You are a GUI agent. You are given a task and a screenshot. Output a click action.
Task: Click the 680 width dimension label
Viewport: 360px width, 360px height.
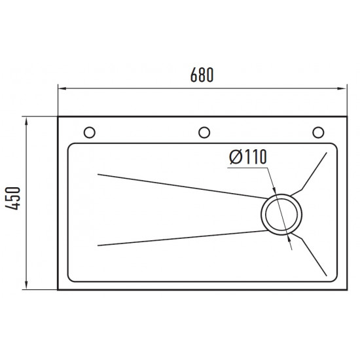tap(202, 75)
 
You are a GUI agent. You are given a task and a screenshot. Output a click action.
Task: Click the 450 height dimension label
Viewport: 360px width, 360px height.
tap(13, 198)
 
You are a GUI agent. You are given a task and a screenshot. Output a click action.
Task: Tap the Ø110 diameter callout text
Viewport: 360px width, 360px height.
tap(248, 157)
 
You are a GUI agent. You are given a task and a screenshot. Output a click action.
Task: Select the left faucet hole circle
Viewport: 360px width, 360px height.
tap(90, 132)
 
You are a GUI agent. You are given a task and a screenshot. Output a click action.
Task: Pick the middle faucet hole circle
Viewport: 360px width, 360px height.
tap(204, 132)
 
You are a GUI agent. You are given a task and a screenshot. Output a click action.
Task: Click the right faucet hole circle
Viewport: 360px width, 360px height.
tap(318, 132)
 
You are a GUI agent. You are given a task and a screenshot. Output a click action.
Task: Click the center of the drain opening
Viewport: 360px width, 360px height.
tap(281, 215)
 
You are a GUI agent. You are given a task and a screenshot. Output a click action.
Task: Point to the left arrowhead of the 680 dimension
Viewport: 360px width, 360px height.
tap(62, 88)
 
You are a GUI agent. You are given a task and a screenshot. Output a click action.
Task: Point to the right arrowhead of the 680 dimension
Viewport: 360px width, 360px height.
tap(342, 88)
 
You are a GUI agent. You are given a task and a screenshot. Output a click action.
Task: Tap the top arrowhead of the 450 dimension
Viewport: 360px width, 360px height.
tap(26, 121)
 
